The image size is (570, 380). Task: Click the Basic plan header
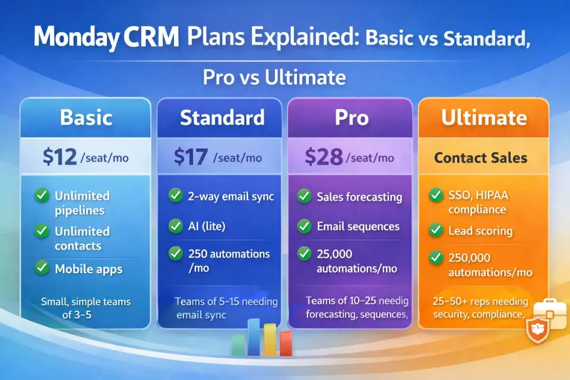click(86, 118)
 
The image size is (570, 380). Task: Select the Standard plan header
click(222, 118)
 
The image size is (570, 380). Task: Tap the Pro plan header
click(351, 118)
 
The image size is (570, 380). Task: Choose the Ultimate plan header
click(484, 118)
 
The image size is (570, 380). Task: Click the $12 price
click(59, 157)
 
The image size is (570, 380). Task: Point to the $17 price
click(191, 157)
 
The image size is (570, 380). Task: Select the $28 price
click(324, 157)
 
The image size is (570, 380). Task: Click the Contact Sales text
click(480, 158)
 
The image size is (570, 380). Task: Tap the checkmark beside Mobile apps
click(42, 267)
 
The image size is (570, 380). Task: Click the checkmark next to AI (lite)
click(176, 226)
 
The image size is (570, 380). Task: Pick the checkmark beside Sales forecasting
click(304, 197)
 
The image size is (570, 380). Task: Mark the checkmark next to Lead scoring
click(435, 230)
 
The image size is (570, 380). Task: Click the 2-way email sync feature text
click(231, 197)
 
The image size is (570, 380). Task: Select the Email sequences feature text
click(358, 226)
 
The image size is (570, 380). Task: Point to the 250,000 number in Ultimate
click(469, 258)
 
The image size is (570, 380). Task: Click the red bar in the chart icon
click(286, 343)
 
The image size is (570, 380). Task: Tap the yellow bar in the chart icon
click(270, 340)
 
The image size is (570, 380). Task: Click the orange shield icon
click(537, 329)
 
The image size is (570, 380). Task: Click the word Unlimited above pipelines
click(82, 196)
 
